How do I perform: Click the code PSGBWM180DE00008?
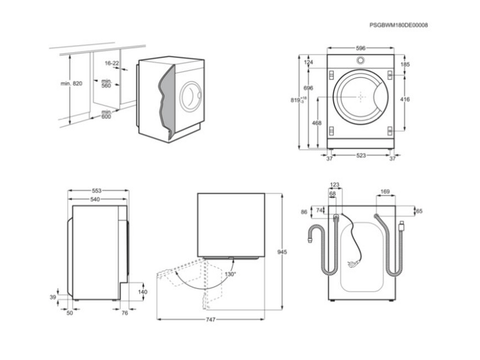pyautogui.click(x=399, y=25)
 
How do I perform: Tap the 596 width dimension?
pyautogui.click(x=360, y=47)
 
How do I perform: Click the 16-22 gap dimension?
pyautogui.click(x=112, y=63)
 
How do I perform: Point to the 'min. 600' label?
pyautogui.click(x=106, y=115)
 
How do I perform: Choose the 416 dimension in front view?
pyautogui.click(x=405, y=100)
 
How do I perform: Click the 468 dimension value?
pyautogui.click(x=316, y=123)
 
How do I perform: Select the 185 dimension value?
pyautogui.click(x=405, y=64)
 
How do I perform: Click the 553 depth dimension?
pyautogui.click(x=97, y=190)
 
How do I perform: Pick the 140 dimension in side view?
pyautogui.click(x=142, y=292)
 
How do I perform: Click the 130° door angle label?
pyautogui.click(x=230, y=274)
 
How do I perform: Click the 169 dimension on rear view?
pyautogui.click(x=385, y=193)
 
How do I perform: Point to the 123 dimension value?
pyautogui.click(x=335, y=185)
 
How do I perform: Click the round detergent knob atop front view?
pyautogui.click(x=360, y=61)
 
